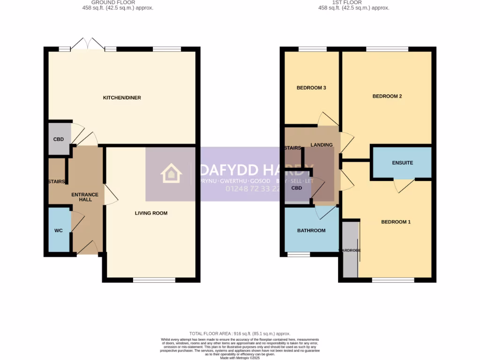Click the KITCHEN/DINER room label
pos(122,97)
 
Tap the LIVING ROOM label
pos(151,213)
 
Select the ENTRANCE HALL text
pos(85,197)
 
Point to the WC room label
pos(59,231)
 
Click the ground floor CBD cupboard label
pos(59,139)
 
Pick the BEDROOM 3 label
pos(311,88)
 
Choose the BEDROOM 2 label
pos(387,96)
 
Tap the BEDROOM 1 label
pos(396,222)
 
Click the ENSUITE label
pos(402,163)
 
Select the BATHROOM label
pos(311,230)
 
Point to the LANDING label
pos(322,145)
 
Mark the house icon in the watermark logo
pos(171,173)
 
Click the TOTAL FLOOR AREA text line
pos(240,333)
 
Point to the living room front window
pos(154,280)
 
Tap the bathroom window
pos(299,255)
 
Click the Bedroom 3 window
pos(313,49)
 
